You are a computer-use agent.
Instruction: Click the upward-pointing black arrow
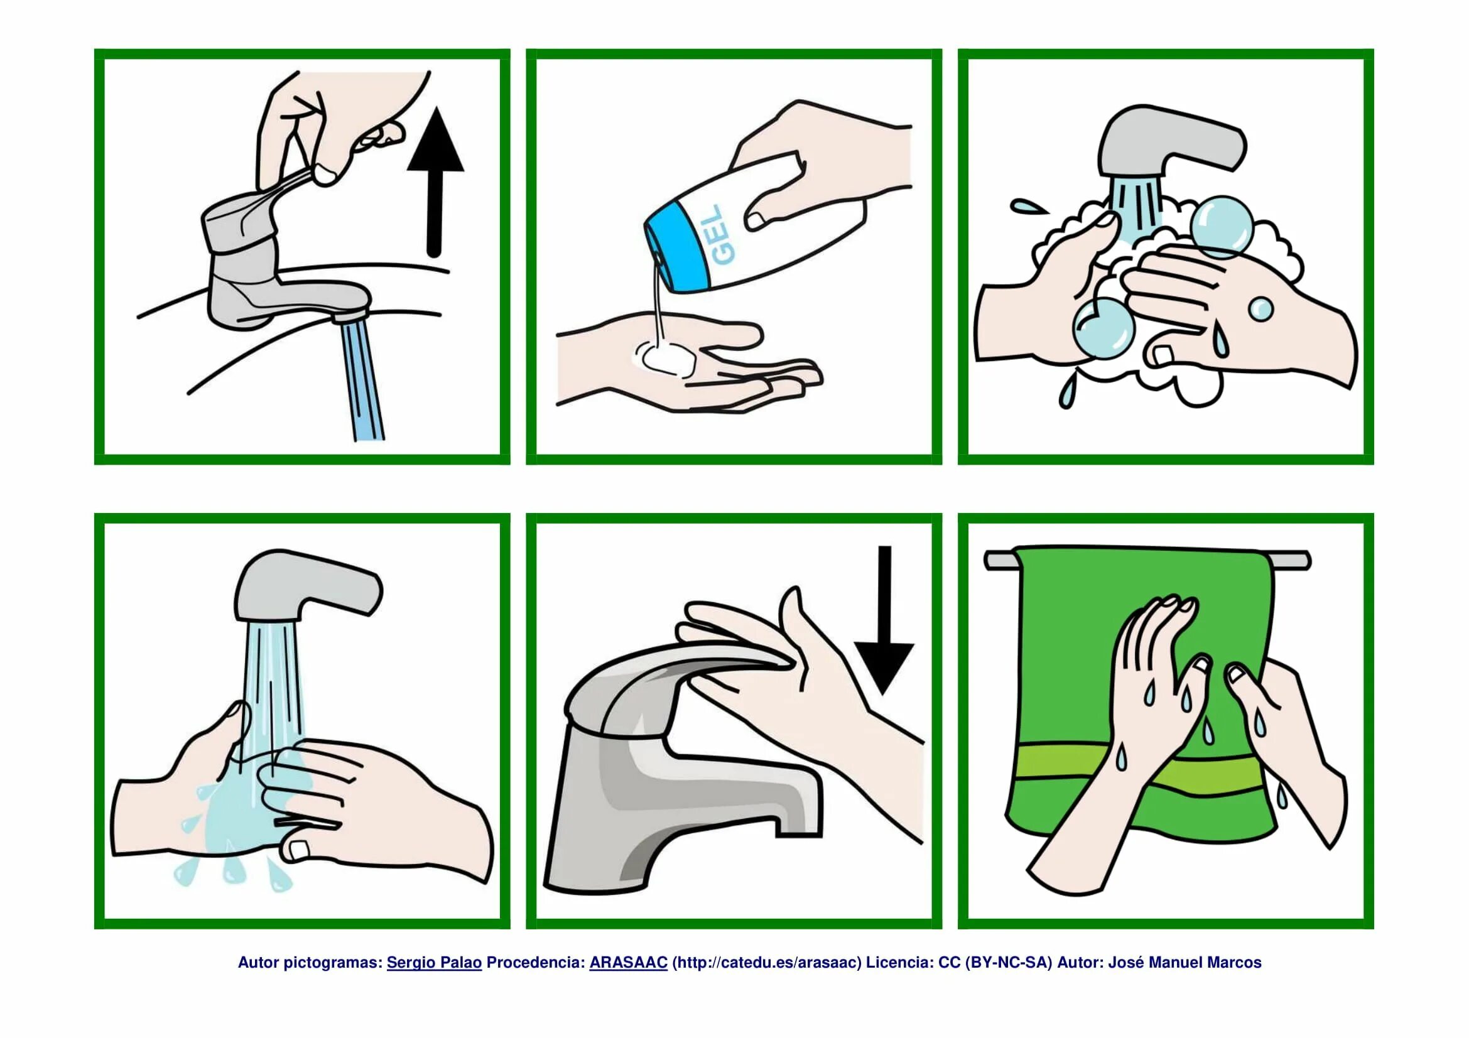click(x=435, y=182)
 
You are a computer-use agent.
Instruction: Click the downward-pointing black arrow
click(x=884, y=620)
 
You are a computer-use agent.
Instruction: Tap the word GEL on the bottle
click(x=724, y=235)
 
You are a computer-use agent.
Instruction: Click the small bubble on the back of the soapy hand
click(x=1260, y=310)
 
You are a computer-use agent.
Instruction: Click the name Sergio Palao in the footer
click(x=434, y=963)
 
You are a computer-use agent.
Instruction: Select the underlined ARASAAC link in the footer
click(x=628, y=963)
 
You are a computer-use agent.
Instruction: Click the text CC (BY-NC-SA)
click(x=995, y=963)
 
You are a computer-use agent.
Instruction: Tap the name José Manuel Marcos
click(x=1184, y=963)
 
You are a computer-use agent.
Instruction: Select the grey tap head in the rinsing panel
click(x=307, y=585)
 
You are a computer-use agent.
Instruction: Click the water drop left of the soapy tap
click(x=1028, y=206)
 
